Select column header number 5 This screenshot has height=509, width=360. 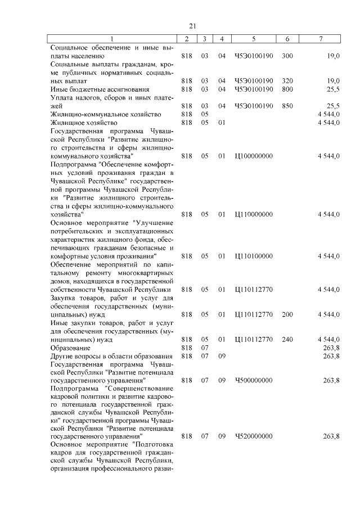tap(254, 39)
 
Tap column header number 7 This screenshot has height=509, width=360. tap(321, 39)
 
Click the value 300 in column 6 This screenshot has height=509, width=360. tap(287, 56)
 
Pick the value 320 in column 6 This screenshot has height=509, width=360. tap(287, 81)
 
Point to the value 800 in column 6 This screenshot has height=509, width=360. tap(287, 89)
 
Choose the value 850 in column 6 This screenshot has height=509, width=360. tap(287, 106)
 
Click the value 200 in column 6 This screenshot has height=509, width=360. tap(287, 314)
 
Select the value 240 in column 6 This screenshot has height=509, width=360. tap(287, 339)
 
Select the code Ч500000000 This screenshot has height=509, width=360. tap(254, 381)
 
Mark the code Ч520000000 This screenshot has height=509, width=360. tap(254, 436)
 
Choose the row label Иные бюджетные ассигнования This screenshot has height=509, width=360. tap(100, 89)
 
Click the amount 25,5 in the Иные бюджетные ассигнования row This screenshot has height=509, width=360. tap(333, 89)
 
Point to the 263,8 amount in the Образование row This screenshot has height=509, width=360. tap(331, 348)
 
